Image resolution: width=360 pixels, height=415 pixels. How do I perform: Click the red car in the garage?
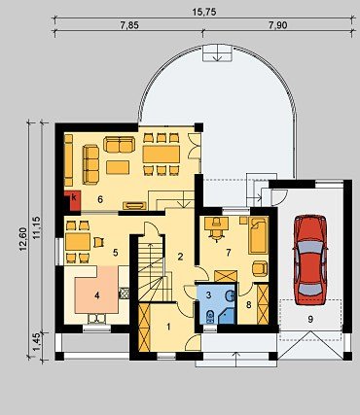(310, 259)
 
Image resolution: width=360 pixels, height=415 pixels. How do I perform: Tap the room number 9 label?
(310, 319)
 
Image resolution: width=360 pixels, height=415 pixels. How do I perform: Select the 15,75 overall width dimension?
(204, 12)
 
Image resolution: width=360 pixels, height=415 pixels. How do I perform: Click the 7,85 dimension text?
(129, 25)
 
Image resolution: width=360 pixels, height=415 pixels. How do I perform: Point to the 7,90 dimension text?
(278, 25)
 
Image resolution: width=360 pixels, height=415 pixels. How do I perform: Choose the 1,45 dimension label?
(37, 342)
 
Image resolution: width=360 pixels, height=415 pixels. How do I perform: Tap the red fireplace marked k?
(73, 200)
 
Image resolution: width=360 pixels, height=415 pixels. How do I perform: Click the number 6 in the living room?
(100, 199)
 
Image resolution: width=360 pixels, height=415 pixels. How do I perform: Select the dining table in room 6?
(162, 155)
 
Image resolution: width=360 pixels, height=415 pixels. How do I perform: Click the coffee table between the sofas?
(118, 167)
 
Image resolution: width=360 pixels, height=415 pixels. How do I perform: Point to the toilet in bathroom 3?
(210, 316)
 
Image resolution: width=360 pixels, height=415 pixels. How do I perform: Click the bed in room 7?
(258, 235)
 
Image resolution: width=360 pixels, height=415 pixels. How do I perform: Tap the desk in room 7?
(216, 224)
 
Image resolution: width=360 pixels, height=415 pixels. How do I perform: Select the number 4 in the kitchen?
(96, 295)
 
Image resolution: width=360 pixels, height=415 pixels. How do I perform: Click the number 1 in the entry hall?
(168, 327)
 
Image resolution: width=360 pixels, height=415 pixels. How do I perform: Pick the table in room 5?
(78, 242)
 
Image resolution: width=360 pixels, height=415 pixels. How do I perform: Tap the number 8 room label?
(249, 305)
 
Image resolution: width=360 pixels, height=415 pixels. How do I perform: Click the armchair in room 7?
(260, 269)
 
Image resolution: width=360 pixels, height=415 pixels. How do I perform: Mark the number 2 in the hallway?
(180, 257)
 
